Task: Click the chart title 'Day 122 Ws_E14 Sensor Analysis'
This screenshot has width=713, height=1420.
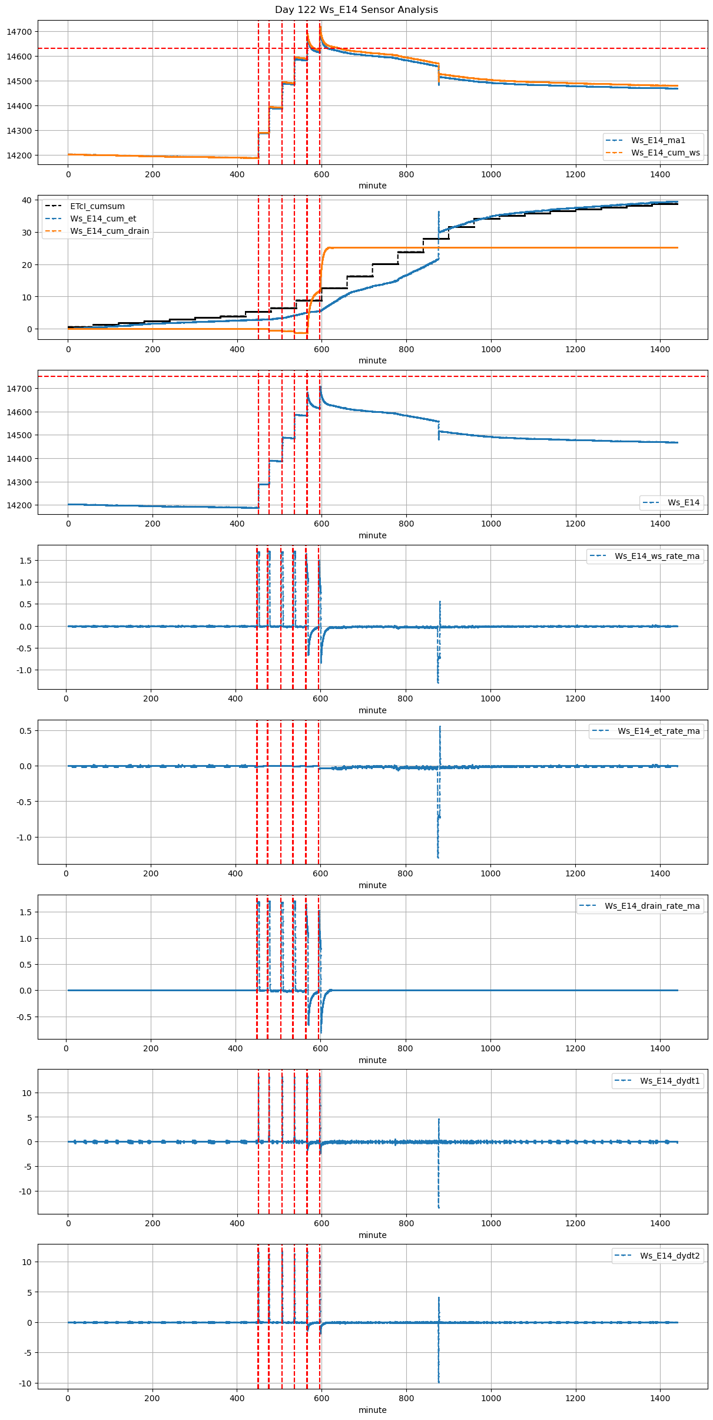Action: (356, 10)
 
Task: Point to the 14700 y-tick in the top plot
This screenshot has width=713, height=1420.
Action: (21, 32)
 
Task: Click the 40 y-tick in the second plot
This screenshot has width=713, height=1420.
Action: (26, 200)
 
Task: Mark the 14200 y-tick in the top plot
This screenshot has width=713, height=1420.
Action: (21, 156)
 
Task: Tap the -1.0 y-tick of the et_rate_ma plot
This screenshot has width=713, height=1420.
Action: (24, 838)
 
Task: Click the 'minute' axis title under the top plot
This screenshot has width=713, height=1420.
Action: (373, 186)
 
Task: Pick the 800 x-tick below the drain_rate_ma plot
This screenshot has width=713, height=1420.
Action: (405, 1049)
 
